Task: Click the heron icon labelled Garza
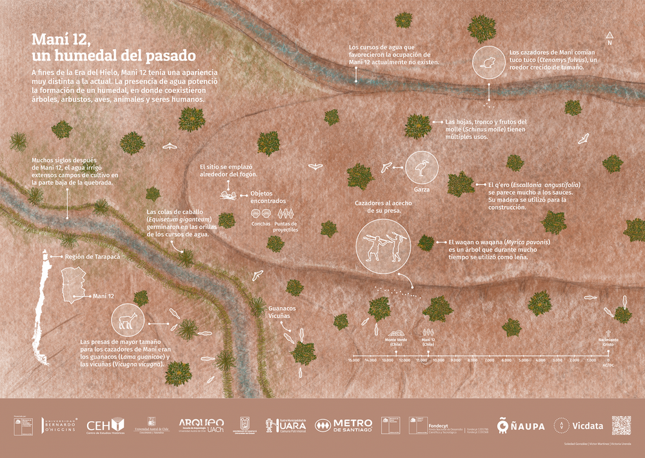click(x=422, y=168)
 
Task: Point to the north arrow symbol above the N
click(x=609, y=35)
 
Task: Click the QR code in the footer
click(x=621, y=426)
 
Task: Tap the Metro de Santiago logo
click(x=344, y=426)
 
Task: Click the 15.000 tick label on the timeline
click(x=353, y=360)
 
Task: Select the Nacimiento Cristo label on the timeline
click(x=608, y=341)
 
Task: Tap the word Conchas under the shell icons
click(x=261, y=223)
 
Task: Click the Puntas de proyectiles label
click(x=285, y=226)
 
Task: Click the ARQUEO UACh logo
click(x=201, y=425)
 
